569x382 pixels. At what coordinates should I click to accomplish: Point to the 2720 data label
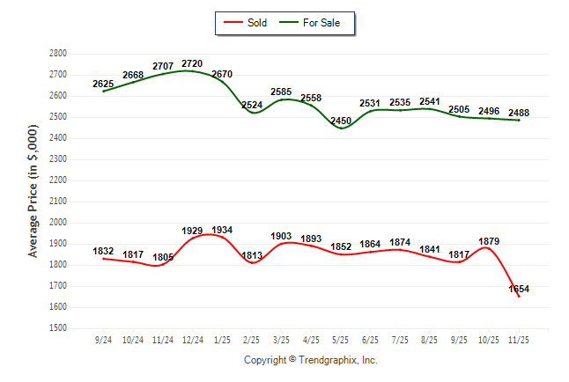click(193, 63)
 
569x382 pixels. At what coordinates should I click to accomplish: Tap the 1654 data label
click(519, 289)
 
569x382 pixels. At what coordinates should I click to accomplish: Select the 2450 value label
click(341, 121)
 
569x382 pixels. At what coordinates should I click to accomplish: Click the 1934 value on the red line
click(222, 230)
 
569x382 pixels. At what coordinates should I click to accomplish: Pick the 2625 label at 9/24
click(104, 84)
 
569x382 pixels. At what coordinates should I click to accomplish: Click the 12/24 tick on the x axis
click(193, 339)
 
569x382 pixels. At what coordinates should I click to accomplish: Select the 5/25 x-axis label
click(341, 339)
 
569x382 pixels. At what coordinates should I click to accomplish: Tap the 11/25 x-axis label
click(519, 339)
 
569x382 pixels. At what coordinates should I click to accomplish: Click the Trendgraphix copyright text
click(310, 360)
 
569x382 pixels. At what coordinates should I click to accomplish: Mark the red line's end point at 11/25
click(519, 296)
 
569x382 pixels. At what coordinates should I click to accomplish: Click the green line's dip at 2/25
click(252, 112)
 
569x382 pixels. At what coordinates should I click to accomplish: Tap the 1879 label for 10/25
click(489, 240)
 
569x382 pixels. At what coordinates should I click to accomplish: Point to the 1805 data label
click(163, 257)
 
